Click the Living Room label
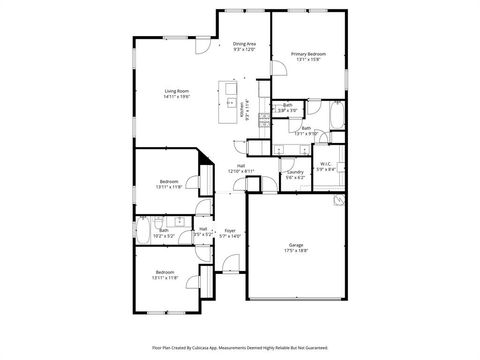(176, 92)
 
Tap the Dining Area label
(245, 43)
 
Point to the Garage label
(296, 244)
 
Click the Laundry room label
(295, 172)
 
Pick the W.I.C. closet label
(326, 164)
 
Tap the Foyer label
(230, 231)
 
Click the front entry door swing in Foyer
(231, 263)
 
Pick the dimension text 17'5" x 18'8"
(296, 250)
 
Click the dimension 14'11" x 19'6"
(176, 98)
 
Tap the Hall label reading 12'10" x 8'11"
(241, 171)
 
